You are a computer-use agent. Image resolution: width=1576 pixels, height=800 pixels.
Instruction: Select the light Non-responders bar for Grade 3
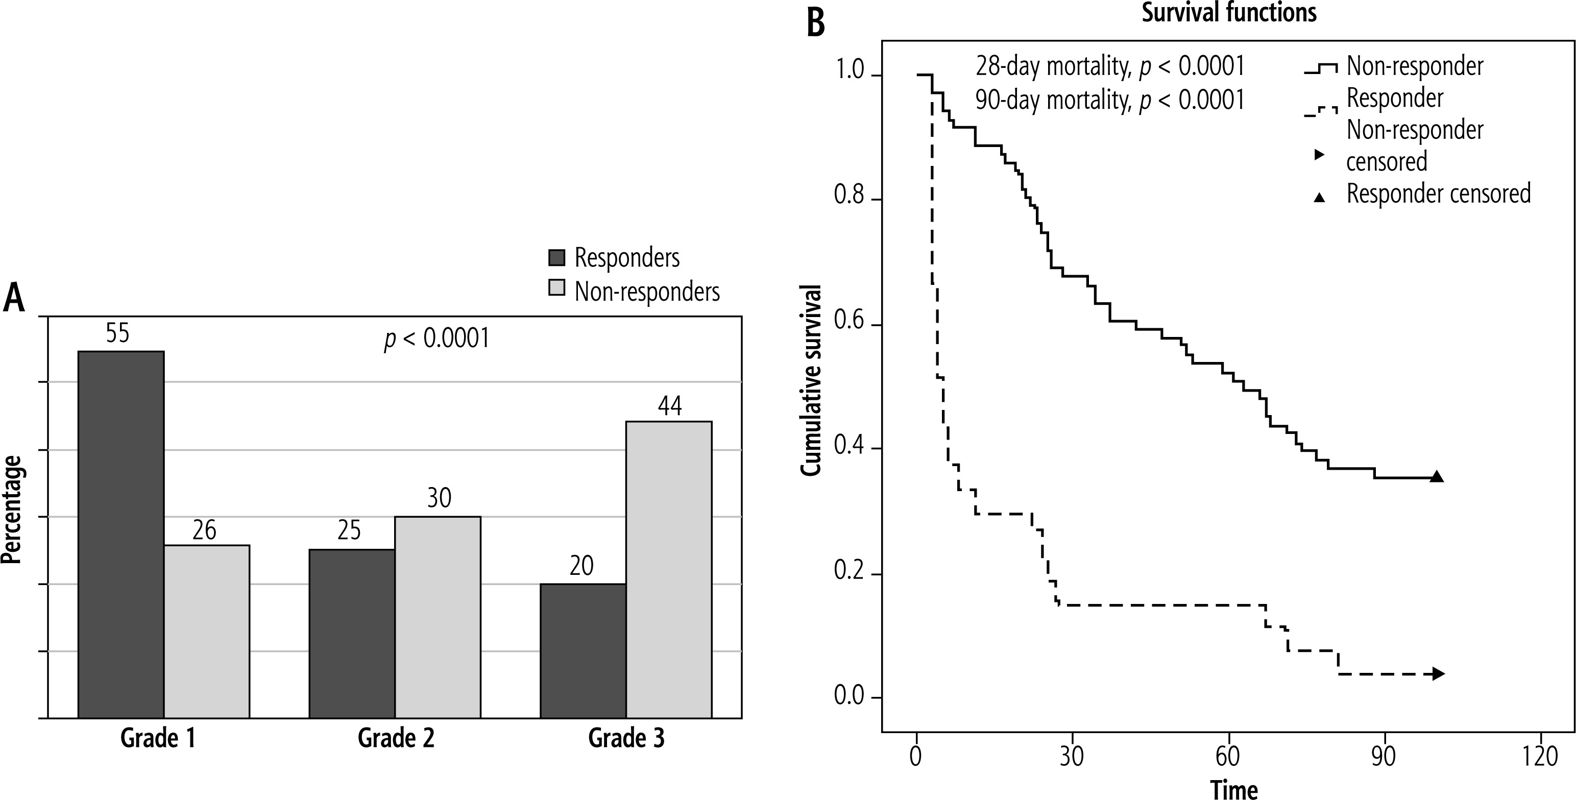coord(669,569)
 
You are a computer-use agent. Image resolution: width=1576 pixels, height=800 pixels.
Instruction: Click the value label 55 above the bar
coord(117,333)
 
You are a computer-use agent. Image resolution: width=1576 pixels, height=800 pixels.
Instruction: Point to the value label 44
coord(669,405)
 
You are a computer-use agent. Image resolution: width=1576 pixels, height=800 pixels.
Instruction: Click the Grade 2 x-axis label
coord(396,738)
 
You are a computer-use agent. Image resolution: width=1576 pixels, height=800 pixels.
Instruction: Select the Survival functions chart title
coord(1229,13)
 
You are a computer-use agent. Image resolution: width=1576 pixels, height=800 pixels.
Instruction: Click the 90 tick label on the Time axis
coord(1383,757)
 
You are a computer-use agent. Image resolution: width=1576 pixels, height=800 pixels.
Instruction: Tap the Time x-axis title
coord(1234,789)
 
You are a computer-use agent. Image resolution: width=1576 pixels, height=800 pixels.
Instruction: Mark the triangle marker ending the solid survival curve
coord(1437,477)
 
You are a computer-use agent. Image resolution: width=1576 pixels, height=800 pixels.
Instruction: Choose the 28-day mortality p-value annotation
coord(1110,66)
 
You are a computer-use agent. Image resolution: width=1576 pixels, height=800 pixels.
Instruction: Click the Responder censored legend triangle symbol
coord(1320,197)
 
